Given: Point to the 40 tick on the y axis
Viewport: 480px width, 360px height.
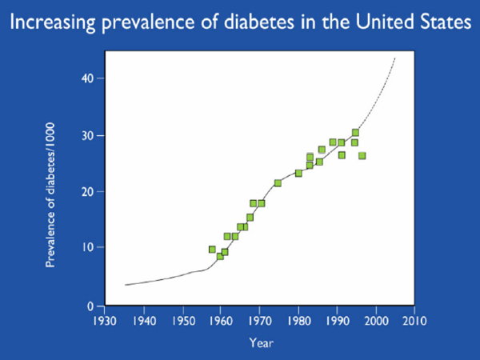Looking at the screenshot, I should pos(90,78).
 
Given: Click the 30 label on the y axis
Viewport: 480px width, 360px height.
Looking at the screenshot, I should pos(90,135).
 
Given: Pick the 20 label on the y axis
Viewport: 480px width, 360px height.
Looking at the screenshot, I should pos(90,192).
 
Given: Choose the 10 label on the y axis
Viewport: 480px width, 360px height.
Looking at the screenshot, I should pos(90,248).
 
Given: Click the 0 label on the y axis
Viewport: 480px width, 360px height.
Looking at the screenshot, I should pos(93,306).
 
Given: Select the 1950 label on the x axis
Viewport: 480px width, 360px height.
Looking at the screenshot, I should pos(182,322).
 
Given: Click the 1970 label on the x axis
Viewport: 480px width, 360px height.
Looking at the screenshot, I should pos(259,322).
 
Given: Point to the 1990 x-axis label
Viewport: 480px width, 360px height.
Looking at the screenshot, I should pos(337,322).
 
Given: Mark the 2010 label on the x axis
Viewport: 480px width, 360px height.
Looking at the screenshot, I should pos(414,322).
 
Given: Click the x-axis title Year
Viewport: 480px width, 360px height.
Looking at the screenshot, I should pos(259,344).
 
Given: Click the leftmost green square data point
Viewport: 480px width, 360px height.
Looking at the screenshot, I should pos(212,250).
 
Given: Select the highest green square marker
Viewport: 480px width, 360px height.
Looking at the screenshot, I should pos(355,133).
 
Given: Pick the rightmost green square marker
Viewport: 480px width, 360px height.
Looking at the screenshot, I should pos(362,155).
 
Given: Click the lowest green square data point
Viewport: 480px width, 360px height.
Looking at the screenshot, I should pos(220,256).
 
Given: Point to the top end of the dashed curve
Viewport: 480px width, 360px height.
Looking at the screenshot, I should pos(395,58).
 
